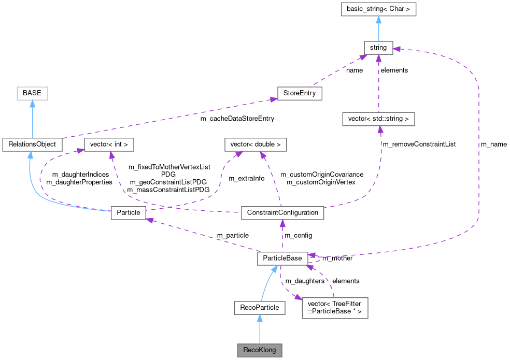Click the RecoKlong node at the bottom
point(260,350)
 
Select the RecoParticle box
point(260,308)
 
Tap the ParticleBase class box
point(282,258)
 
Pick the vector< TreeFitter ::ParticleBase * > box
point(335,308)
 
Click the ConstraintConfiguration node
point(282,213)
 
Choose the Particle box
point(129,213)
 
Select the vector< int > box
point(109,145)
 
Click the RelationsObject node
point(32,145)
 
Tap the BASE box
point(32,94)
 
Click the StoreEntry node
point(300,94)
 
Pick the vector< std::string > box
point(378,119)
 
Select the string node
point(378,48)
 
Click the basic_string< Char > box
point(378,9)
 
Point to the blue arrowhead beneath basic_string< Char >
point(378,20)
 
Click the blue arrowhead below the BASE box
point(32,104)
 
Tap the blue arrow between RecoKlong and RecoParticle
point(260,329)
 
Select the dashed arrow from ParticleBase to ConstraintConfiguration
point(282,236)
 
